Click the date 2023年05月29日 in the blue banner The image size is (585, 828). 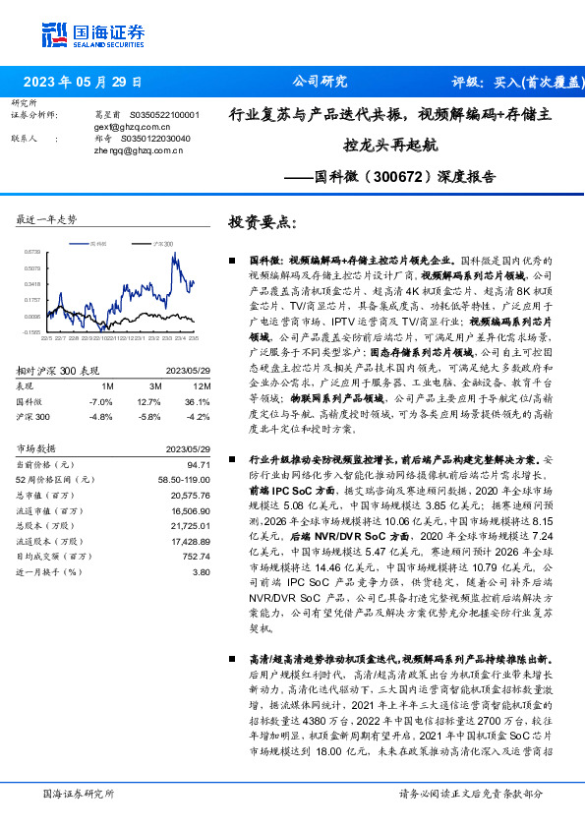[82, 82]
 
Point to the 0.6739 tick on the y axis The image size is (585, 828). [32, 252]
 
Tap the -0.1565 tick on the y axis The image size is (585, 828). [32, 332]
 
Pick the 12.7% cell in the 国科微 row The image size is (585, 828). [148, 402]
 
